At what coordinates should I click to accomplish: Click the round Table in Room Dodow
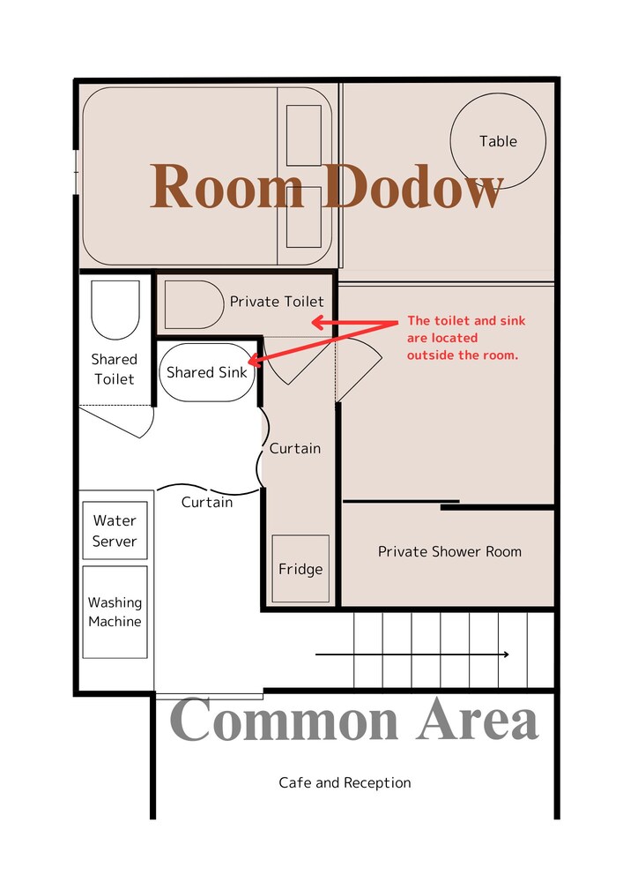pos(498,140)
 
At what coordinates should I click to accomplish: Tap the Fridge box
pos(300,568)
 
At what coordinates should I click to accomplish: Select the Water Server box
pos(115,530)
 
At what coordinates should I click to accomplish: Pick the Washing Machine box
pos(115,611)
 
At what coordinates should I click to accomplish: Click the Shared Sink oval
pos(207,372)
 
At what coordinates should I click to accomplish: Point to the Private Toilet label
pos(277,302)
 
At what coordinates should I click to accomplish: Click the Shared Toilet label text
pos(114,369)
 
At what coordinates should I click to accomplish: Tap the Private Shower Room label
pos(449,551)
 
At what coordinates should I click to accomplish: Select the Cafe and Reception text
pos(345,782)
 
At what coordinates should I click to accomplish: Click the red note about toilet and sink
pos(465,338)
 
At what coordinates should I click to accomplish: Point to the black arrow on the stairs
pos(412,654)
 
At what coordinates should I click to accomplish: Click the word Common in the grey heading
pos(284,720)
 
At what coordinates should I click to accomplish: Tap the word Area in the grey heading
pos(478,720)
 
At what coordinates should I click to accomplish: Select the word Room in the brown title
pos(227,186)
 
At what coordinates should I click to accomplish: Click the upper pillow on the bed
pos(304,135)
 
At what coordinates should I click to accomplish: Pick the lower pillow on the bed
pos(304,217)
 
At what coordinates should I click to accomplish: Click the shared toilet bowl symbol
pos(115,310)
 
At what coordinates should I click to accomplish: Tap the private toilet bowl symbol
pos(194,304)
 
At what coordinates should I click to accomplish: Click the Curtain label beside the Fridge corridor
pos(295,448)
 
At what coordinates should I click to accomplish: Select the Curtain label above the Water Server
pos(207,502)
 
